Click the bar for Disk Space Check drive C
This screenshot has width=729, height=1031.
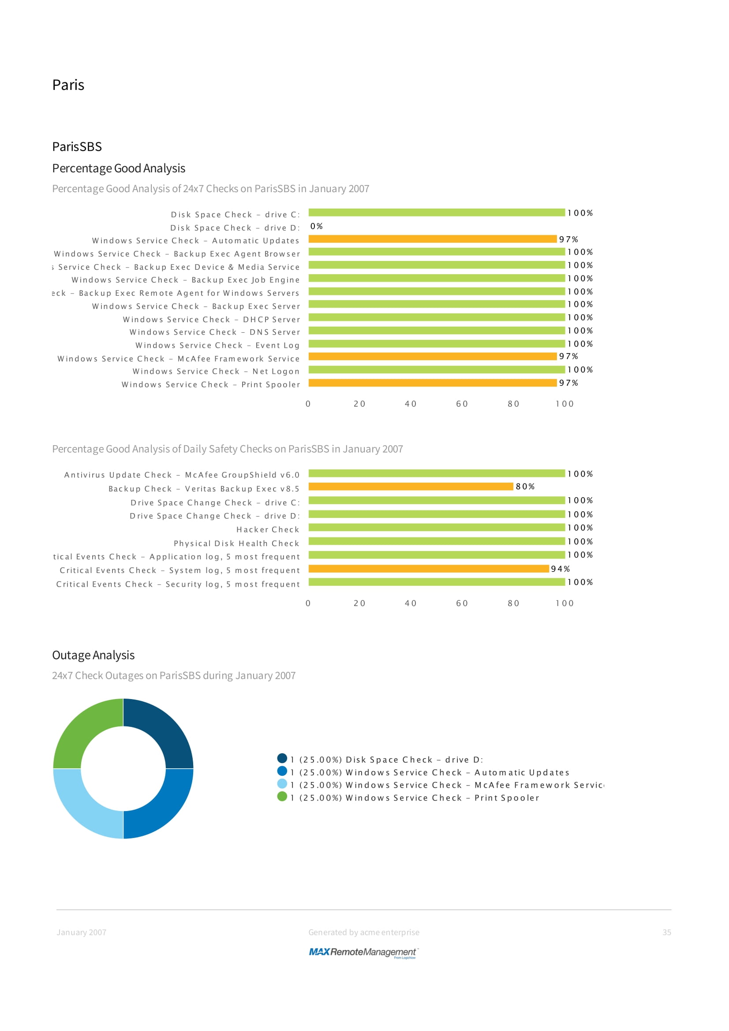tap(436, 212)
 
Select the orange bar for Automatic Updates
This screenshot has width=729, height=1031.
tap(432, 239)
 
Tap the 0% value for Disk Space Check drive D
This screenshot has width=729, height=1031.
tap(316, 226)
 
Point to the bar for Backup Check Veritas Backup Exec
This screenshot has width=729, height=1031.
tap(411, 486)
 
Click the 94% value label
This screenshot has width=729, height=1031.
tap(560, 569)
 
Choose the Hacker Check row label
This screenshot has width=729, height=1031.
tap(268, 529)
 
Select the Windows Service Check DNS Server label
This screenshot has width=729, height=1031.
tap(215, 332)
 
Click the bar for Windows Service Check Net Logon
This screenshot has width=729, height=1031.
tap(436, 369)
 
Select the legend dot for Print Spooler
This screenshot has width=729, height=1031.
tap(282, 796)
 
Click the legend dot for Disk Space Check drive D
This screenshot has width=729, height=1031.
tap(282, 758)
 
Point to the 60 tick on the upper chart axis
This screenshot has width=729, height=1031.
tap(462, 404)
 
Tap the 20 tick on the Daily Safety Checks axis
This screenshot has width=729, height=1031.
tap(359, 603)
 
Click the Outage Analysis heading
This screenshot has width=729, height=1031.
tap(93, 655)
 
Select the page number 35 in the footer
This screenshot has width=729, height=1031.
tap(666, 932)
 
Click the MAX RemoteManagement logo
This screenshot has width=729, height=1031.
tap(363, 952)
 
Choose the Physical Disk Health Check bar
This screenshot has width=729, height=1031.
tap(436, 541)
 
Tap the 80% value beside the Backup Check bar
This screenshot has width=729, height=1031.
tap(525, 486)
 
